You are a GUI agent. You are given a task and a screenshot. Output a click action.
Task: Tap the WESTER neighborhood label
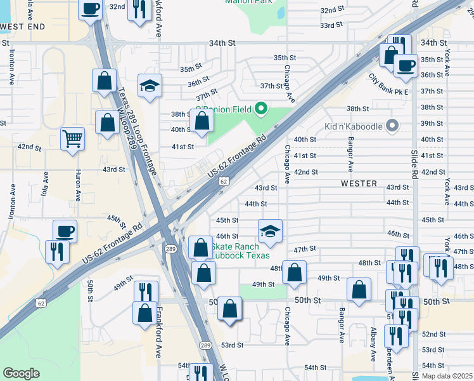[359, 184]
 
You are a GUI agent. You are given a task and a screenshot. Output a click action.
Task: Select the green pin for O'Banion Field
[260, 109]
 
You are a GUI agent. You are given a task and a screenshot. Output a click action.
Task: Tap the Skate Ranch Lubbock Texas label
[240, 251]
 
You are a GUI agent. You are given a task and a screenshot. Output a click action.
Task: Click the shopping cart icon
[73, 138]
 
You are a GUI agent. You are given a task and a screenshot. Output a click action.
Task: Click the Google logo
[21, 373]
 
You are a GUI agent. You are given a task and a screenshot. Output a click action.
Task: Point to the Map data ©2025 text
[447, 376]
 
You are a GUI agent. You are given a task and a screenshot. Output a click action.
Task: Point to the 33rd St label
[331, 25]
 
